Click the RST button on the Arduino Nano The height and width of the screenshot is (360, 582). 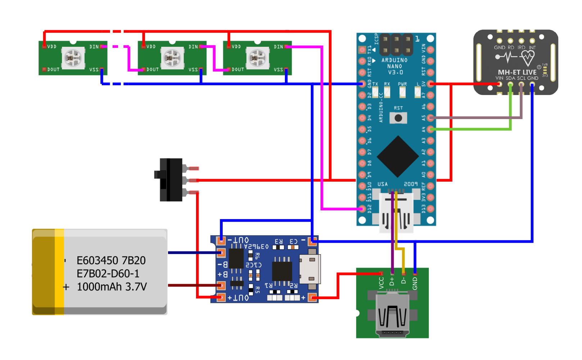coord(398,118)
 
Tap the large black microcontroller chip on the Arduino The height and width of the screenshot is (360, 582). coord(397,156)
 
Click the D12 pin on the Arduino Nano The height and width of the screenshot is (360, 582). coord(362,209)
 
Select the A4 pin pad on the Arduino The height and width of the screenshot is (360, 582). coord(431,129)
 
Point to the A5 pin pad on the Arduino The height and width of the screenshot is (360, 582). coord(431,118)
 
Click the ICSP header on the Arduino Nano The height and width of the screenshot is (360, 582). coord(396,44)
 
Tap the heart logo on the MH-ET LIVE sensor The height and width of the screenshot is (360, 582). coord(528,56)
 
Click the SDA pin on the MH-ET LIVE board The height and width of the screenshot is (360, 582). coord(510,85)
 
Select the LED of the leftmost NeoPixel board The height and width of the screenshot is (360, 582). coord(73,58)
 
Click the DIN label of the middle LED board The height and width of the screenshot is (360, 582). coord(193,47)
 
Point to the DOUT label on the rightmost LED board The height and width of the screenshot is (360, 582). coord(238,69)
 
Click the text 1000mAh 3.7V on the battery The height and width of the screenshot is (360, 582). coord(112,287)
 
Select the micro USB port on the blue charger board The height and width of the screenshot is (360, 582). coord(309,269)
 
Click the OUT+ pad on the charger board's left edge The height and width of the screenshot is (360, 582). coord(221,297)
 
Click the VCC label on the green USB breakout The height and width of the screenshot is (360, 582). coord(381,283)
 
